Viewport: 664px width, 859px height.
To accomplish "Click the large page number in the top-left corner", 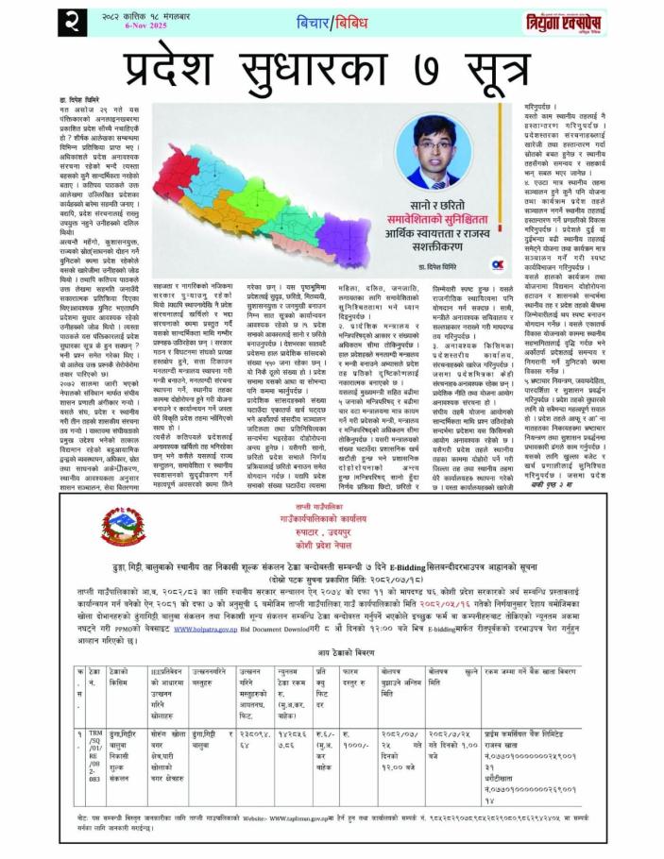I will [22, 20].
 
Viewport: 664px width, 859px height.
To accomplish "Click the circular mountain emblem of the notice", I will [118, 527].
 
